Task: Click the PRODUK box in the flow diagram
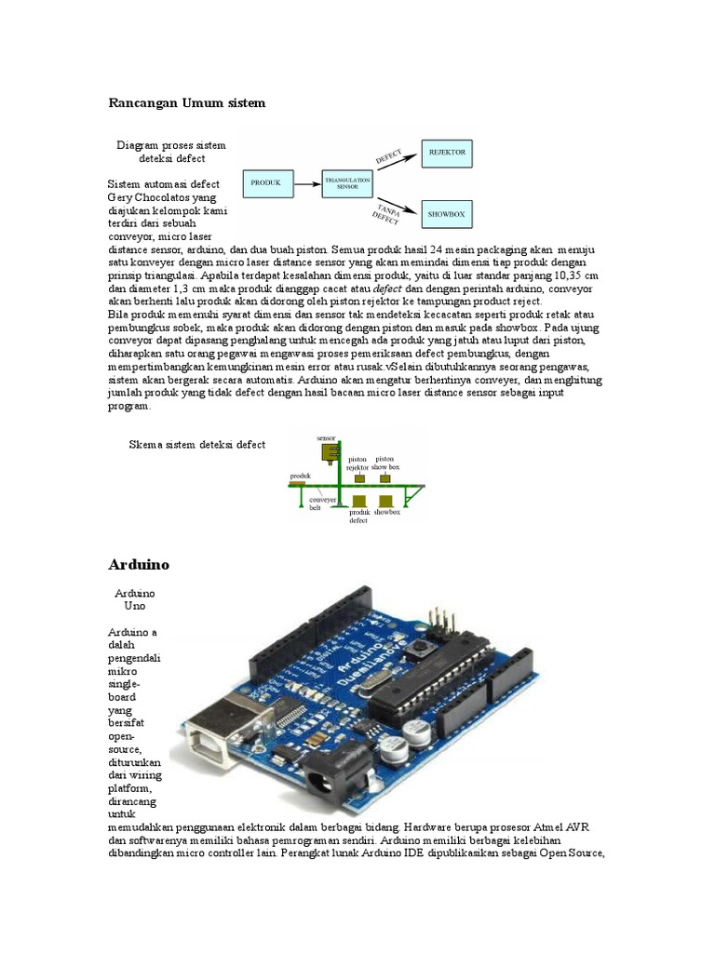click(x=267, y=183)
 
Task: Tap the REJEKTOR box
click(x=446, y=151)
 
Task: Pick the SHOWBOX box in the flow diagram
click(x=446, y=213)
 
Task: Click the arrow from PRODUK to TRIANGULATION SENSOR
click(x=306, y=183)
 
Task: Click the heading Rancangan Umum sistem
click(x=186, y=103)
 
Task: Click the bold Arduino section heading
click(x=139, y=565)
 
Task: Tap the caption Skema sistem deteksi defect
click(x=196, y=445)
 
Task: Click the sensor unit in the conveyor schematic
click(x=329, y=452)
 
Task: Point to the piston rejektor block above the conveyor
click(x=357, y=477)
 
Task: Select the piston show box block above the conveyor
click(x=384, y=477)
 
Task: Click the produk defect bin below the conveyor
click(x=357, y=502)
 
